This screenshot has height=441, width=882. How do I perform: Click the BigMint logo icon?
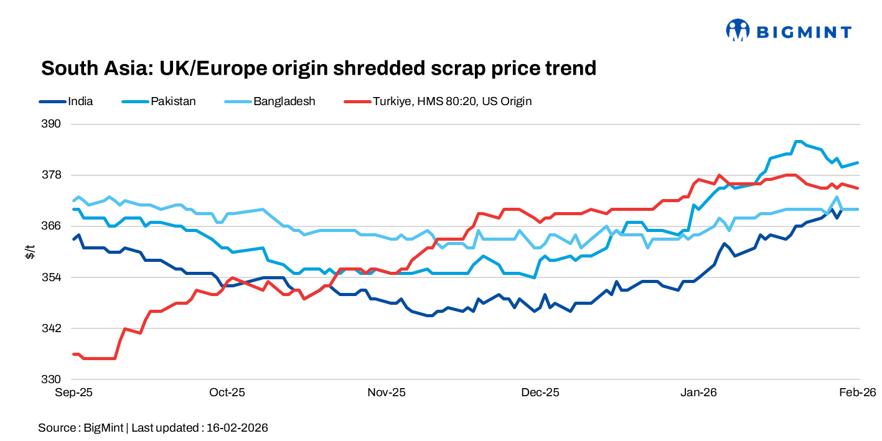pos(738,30)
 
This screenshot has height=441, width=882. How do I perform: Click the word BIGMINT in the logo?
pos(804,31)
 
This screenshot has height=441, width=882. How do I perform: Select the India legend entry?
pos(80,101)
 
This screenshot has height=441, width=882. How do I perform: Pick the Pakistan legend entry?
pos(173,101)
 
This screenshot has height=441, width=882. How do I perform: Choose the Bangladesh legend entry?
pos(284,101)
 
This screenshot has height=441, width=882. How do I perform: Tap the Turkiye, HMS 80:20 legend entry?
pos(452,101)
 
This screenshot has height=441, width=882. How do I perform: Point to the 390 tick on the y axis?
pos(53,124)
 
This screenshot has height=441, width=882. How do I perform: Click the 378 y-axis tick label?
pos(53,175)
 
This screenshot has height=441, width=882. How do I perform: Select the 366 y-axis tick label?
pos(53,226)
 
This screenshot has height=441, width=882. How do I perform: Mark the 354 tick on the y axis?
pos(53,277)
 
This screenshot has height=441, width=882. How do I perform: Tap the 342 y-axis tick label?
pos(53,328)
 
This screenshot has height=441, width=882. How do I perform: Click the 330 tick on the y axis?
pos(53,379)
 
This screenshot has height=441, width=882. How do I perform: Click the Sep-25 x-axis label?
pos(73,392)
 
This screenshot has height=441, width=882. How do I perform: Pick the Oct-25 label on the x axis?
pos(227,392)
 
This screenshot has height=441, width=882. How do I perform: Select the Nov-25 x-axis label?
pos(387,392)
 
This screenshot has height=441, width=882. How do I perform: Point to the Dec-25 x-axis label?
pos(540,392)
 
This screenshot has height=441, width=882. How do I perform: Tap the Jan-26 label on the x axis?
pos(698,392)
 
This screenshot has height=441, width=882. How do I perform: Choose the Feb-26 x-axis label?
pos(858,392)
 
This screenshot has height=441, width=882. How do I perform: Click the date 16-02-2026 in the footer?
pos(237,428)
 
